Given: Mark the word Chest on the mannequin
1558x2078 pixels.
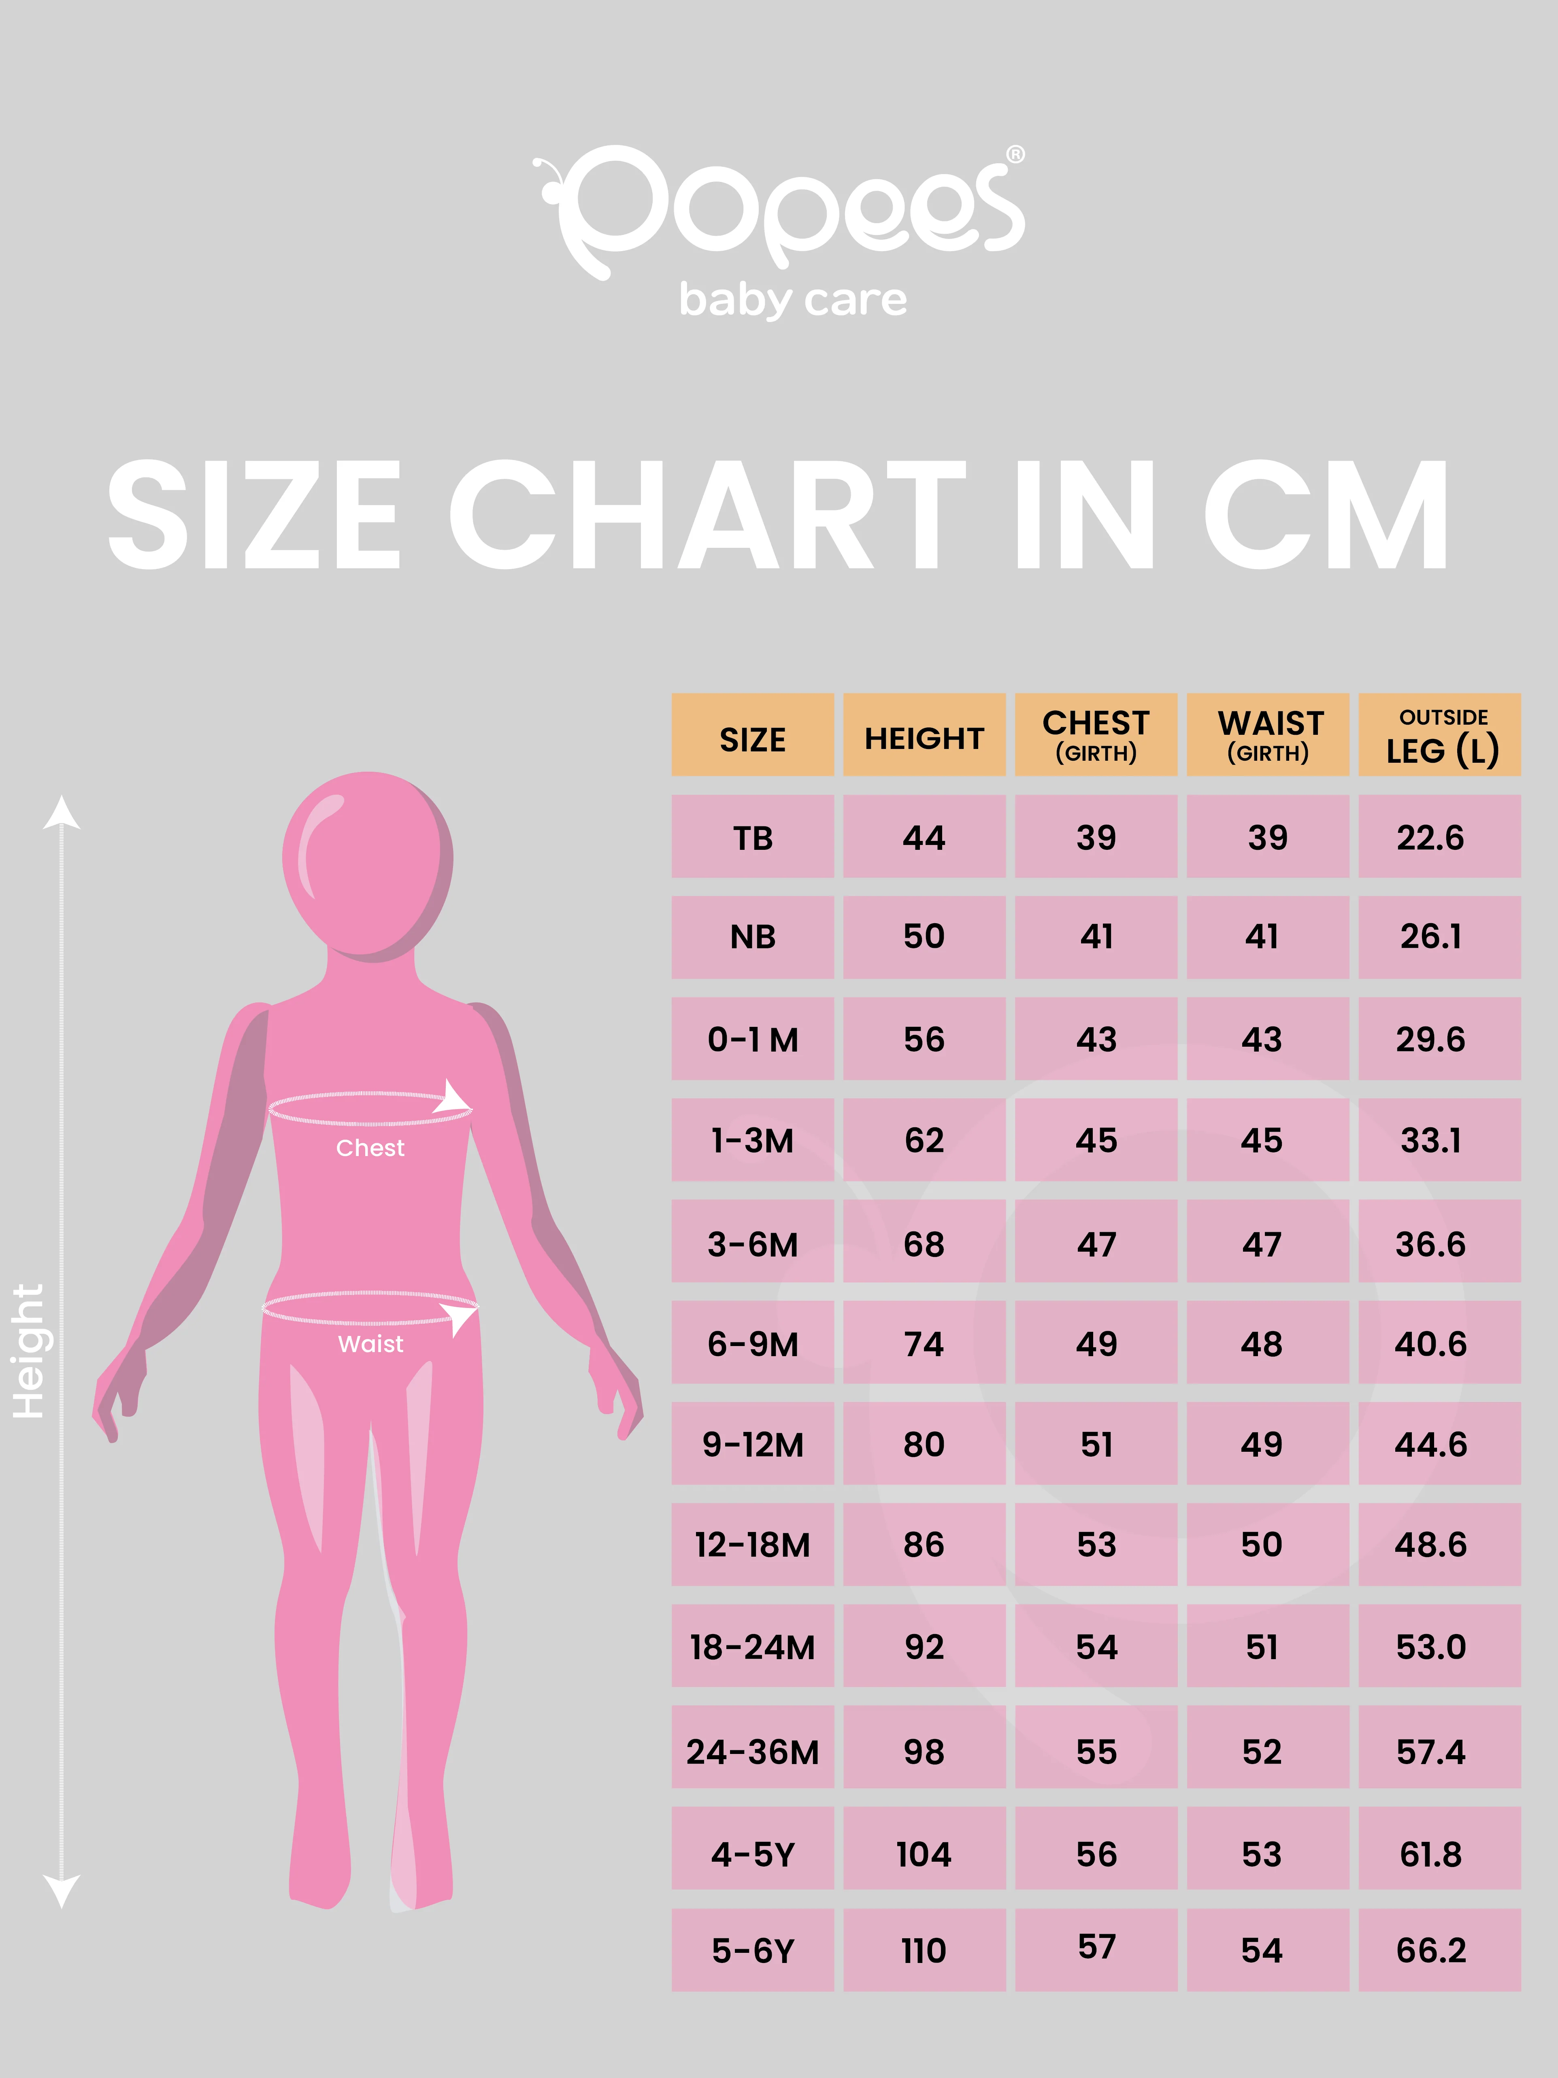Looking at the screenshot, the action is pos(370,1148).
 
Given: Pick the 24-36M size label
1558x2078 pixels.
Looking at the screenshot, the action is pos(752,1752).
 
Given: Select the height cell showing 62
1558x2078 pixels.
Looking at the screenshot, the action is pos(924,1140).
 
